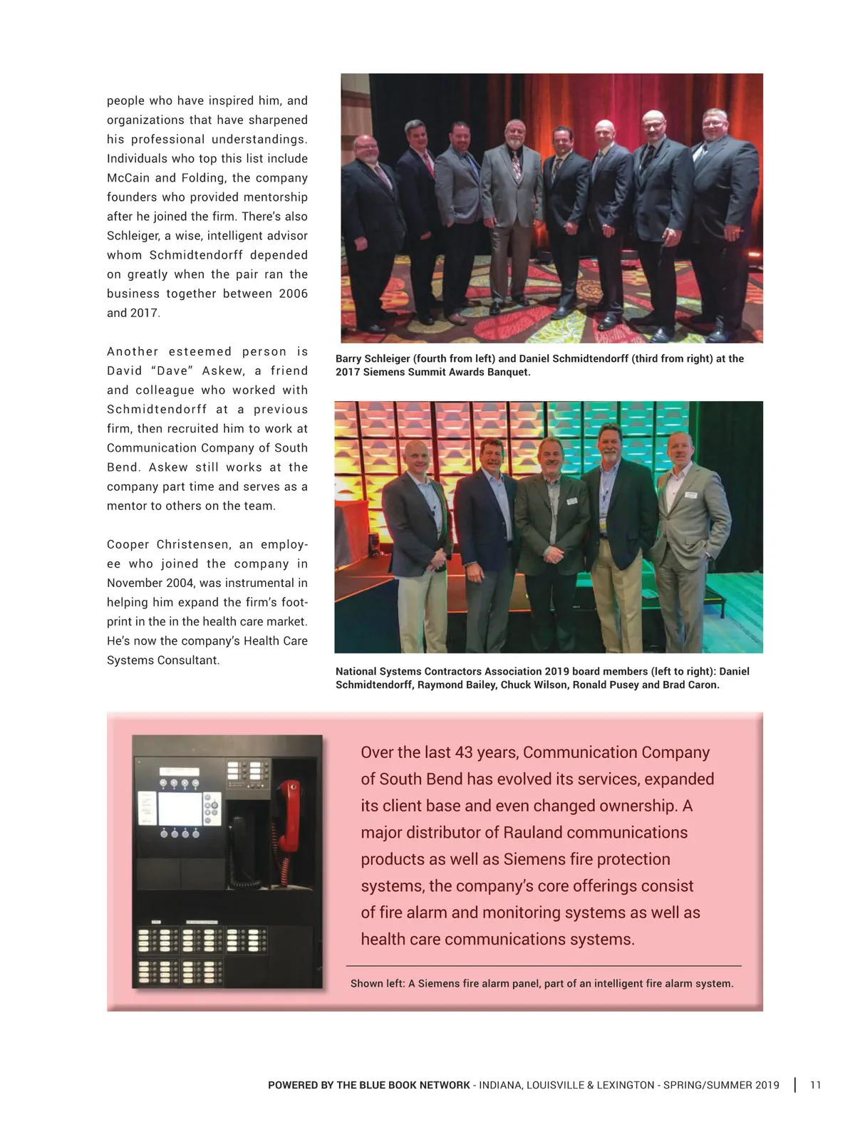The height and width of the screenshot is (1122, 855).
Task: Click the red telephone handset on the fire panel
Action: point(289,816)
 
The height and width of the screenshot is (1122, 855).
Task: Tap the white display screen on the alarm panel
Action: point(178,808)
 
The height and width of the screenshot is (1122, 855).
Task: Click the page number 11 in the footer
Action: point(816,1085)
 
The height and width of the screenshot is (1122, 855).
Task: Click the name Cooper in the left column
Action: point(128,544)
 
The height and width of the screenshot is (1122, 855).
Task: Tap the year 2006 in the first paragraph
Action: point(293,294)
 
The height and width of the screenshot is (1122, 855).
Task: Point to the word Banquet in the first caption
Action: point(508,372)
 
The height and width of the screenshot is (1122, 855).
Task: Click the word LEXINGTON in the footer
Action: point(630,1085)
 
